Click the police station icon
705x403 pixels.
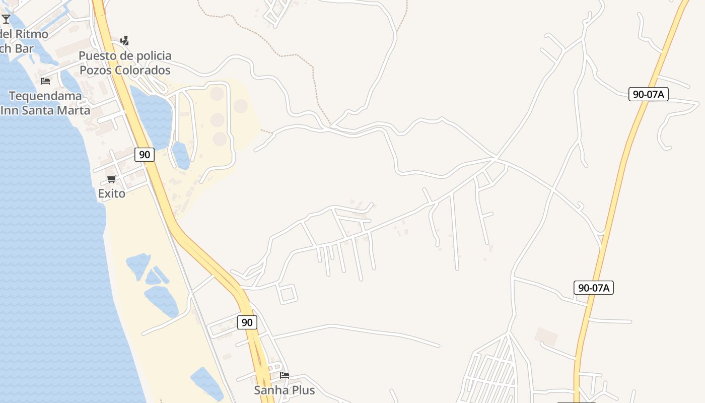[x=124, y=40]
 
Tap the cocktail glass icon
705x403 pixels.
[x=6, y=19]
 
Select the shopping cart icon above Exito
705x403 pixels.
[x=112, y=179]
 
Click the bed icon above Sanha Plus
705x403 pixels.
[x=285, y=375]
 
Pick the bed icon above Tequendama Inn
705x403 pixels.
[x=45, y=81]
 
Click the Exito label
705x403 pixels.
[x=111, y=193]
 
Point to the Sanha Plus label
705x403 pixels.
[x=284, y=390]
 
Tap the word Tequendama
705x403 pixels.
[x=45, y=96]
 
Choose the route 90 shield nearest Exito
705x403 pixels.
[x=145, y=155]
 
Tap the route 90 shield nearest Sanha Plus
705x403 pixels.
[x=247, y=322]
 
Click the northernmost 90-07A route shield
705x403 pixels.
[x=648, y=94]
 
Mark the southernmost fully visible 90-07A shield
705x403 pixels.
[x=593, y=288]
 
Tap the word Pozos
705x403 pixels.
[x=96, y=70]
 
